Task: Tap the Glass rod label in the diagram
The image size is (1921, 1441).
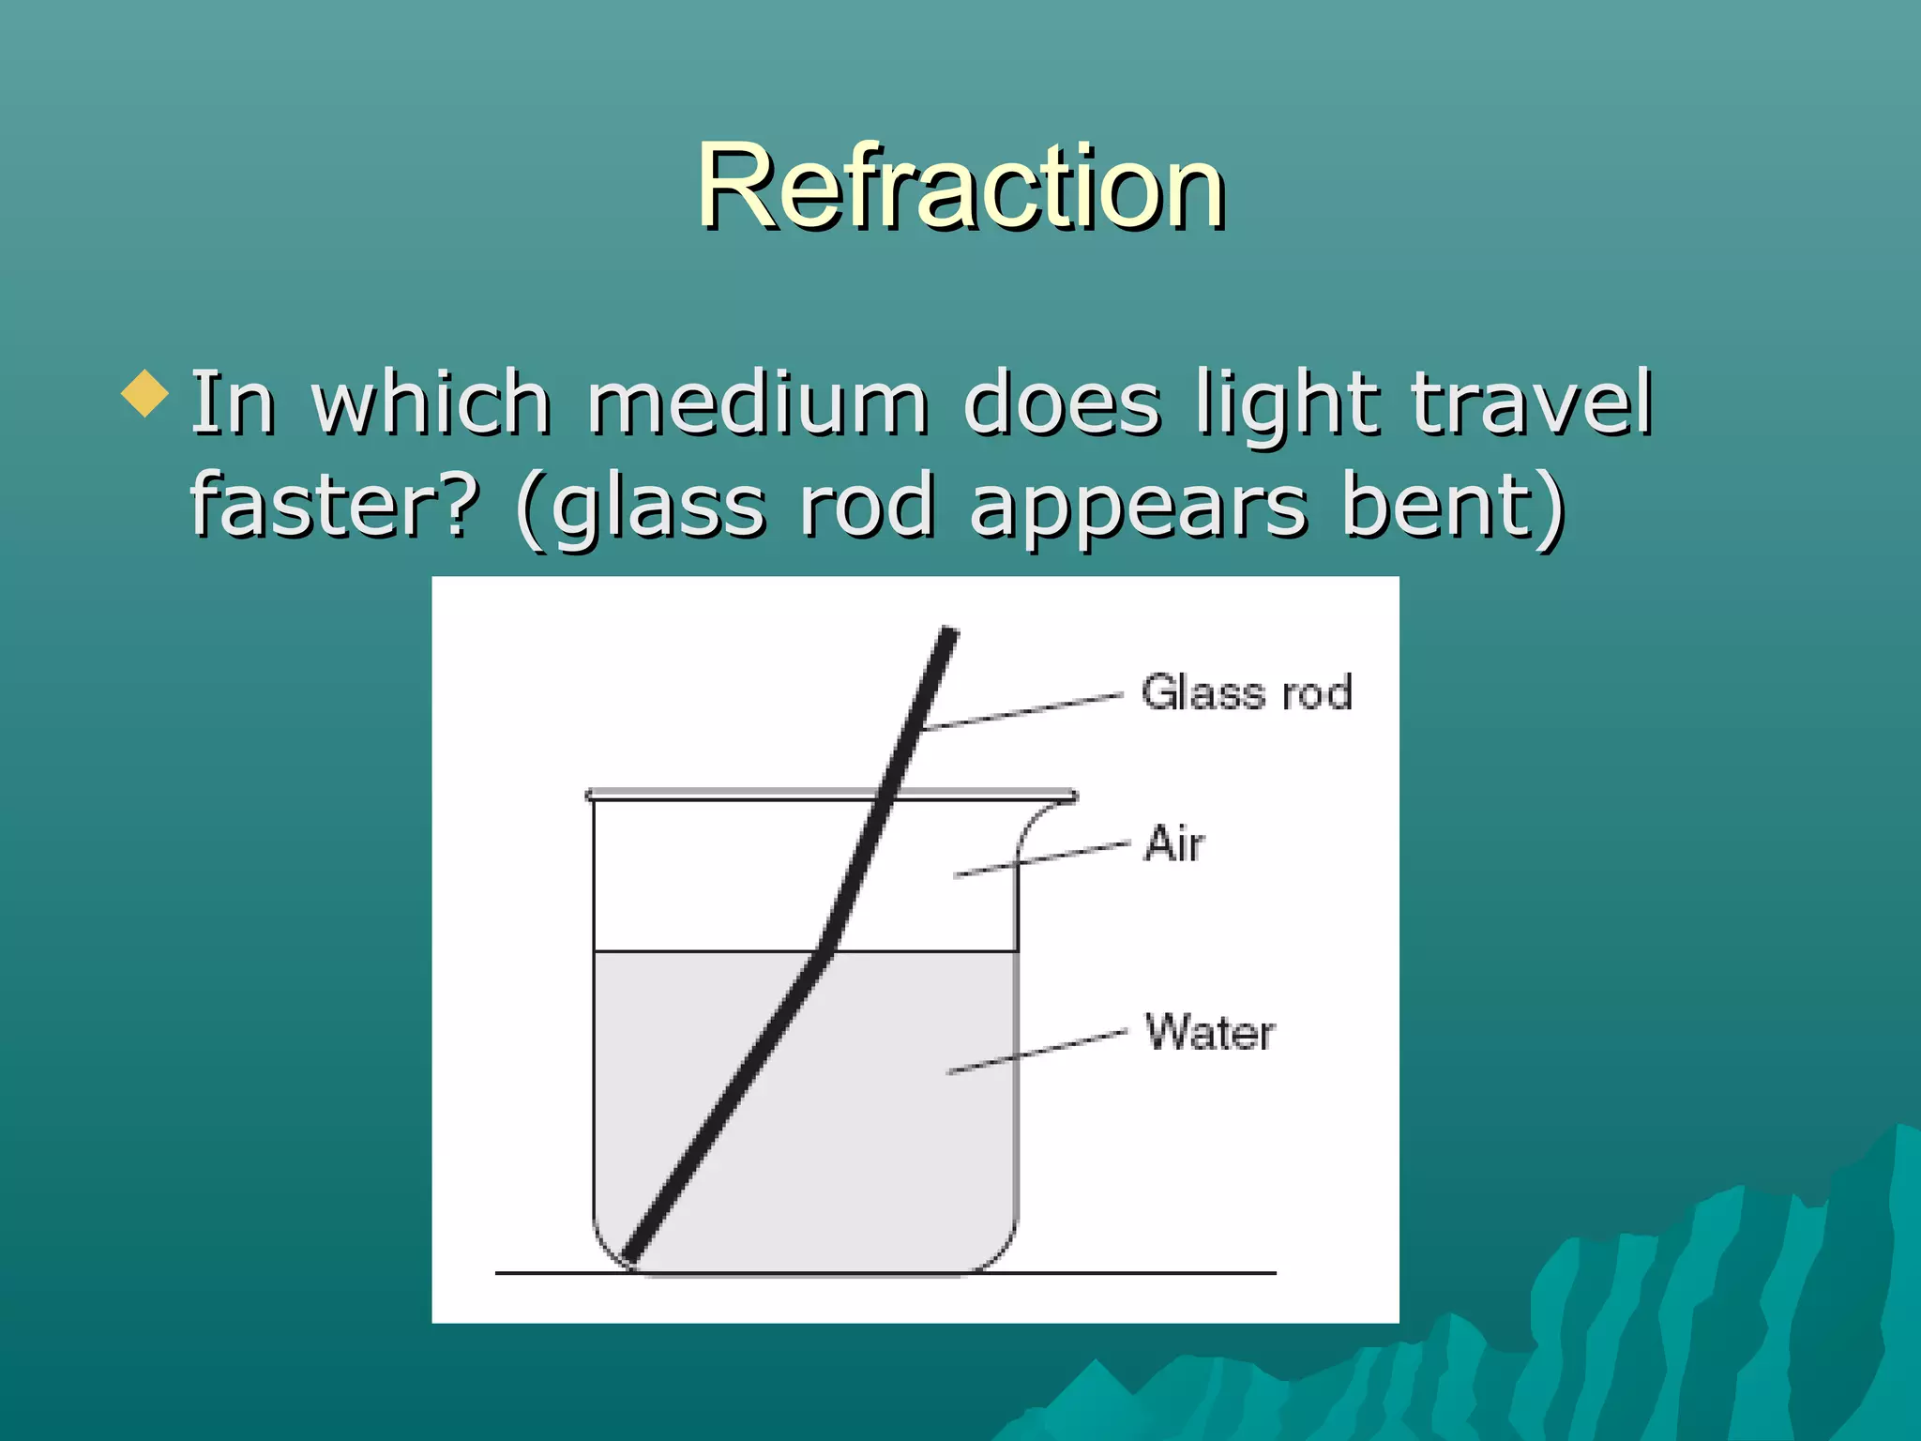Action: pyautogui.click(x=1247, y=692)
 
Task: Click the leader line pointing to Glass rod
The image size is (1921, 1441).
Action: pyautogui.click(x=1022, y=711)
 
